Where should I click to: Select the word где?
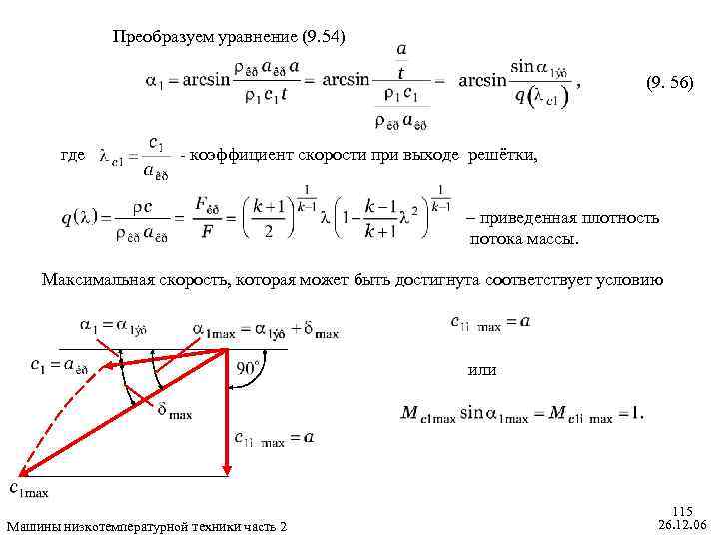pos(72,156)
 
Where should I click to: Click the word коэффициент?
pos(238,156)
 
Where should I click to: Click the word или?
pos(482,370)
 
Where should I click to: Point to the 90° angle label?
pos(251,367)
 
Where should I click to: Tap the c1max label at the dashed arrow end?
pos(28,489)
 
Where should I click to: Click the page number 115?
pos(686,510)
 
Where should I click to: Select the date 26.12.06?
pos(683,524)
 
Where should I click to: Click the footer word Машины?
pos(33,526)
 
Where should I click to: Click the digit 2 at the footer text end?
pos(283,526)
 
